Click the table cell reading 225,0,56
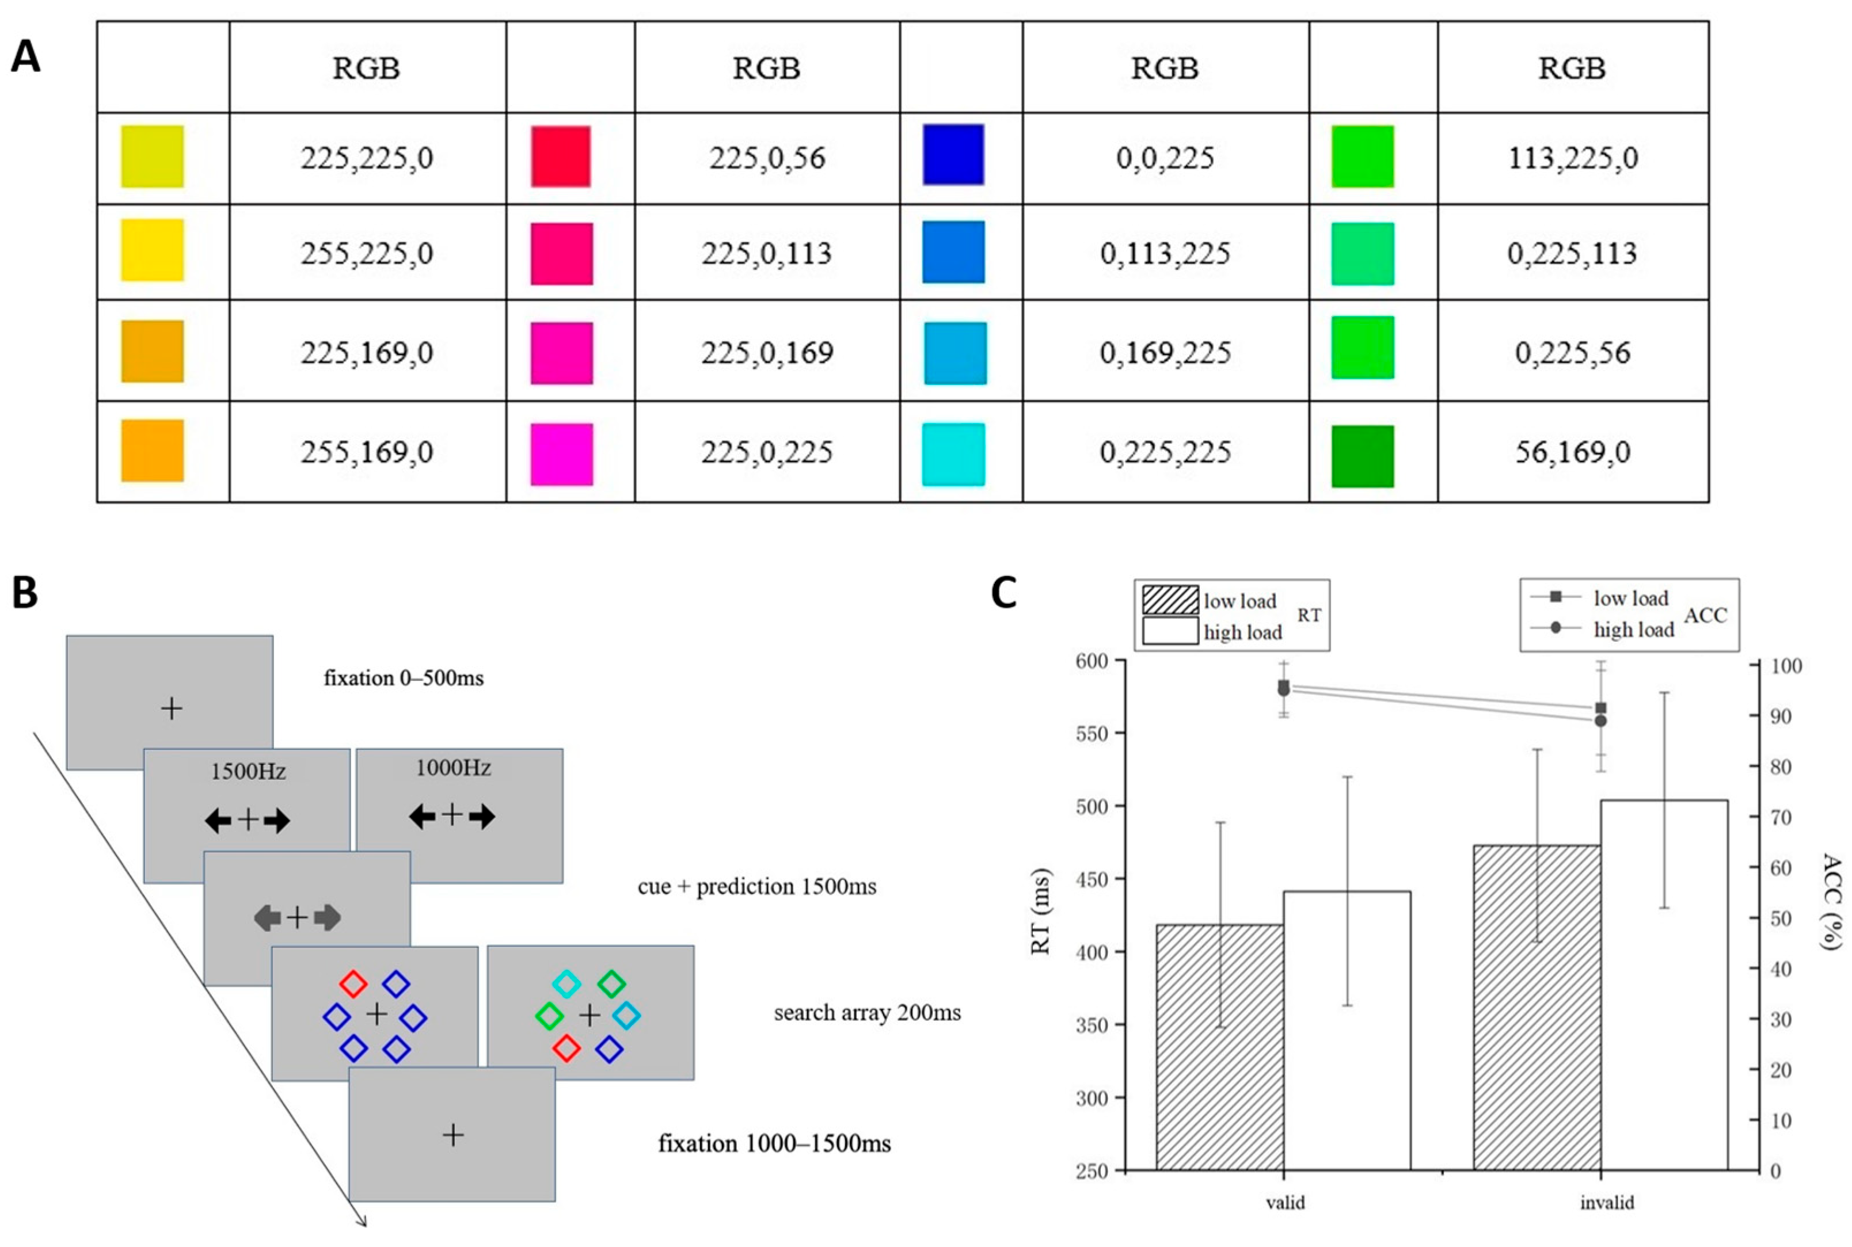pos(767,158)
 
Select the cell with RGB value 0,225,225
pos(1165,452)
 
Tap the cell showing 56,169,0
pos(1572,452)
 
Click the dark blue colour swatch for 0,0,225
pos(953,154)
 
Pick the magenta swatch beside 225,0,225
pos(562,454)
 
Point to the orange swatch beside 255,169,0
pos(152,451)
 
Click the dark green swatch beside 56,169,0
pos(1362,456)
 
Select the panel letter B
pos(25,593)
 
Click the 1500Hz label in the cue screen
pos(248,772)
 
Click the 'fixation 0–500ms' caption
pos(404,678)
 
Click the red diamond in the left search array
pos(353,984)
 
